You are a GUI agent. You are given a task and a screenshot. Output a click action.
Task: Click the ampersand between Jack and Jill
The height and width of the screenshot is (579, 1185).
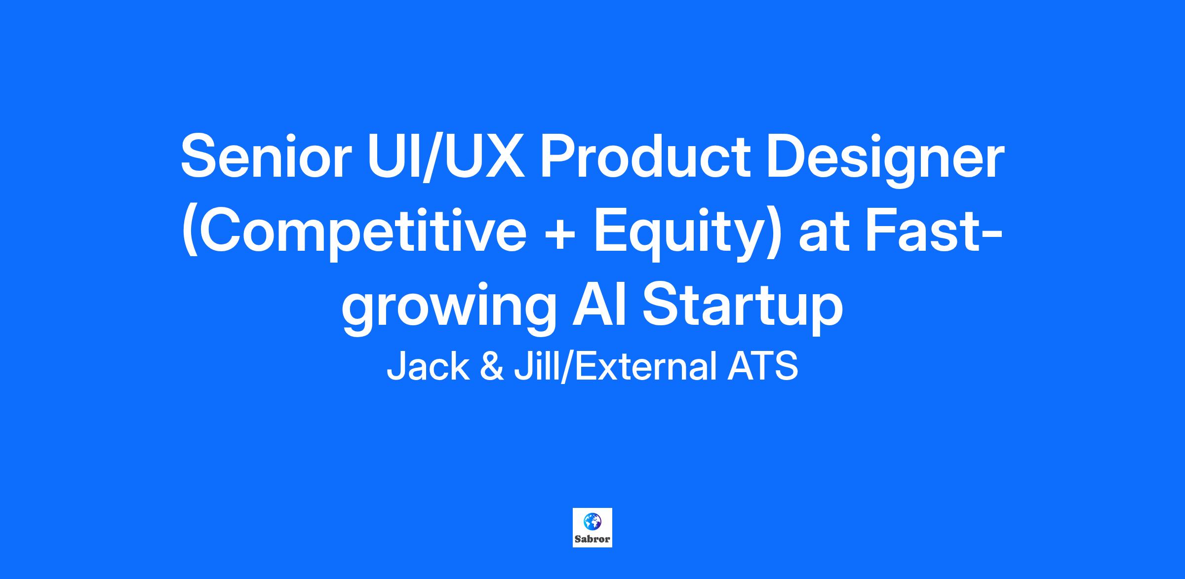[492, 366]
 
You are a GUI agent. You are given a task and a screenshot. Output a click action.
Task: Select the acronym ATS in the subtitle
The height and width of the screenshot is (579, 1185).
[763, 366]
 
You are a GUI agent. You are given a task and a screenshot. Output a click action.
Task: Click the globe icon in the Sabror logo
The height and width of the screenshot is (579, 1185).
[592, 521]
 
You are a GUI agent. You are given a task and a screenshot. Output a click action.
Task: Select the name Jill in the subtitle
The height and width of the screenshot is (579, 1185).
[537, 366]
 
